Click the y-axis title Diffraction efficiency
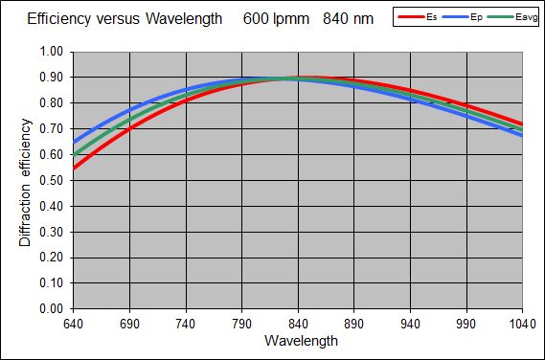tap(26, 179)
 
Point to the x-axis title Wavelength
tap(298, 341)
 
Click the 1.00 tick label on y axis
tap(50, 52)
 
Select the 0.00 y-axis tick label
tap(50, 309)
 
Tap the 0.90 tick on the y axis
tap(50, 78)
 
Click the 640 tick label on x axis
tap(73, 325)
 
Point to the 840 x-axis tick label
tap(298, 325)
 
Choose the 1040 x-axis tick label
tap(520, 325)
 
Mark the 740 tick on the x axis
tap(186, 325)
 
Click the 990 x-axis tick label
tap(466, 325)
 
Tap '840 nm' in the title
tap(348, 18)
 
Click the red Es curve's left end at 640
tap(74, 169)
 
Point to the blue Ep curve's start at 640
tap(74, 143)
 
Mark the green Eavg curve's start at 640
tap(74, 155)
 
